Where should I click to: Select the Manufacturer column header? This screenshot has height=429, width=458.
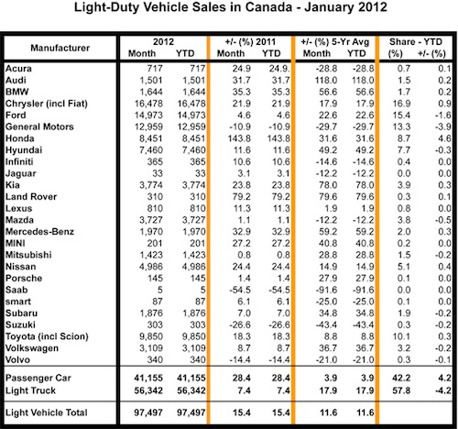60,48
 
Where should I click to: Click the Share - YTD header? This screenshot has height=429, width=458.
416,42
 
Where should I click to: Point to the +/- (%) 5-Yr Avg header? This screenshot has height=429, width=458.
335,42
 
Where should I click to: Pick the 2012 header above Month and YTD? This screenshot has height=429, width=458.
163,42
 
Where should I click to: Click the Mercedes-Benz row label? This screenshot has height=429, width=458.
39,232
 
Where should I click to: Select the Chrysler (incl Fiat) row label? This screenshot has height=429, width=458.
47,104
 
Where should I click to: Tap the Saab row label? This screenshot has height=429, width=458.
16,290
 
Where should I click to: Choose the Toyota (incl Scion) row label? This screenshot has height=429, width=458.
47,336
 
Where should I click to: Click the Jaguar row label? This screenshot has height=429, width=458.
21,173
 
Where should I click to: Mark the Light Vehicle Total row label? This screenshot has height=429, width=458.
47,412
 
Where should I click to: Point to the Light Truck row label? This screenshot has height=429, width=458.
30,390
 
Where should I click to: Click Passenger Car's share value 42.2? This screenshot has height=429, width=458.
401,378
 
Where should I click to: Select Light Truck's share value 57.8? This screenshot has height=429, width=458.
401,390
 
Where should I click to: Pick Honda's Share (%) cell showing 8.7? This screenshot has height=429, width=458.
404,138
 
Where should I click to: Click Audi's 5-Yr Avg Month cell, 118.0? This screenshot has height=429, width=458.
326,81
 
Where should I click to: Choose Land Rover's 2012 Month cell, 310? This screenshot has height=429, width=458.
155,197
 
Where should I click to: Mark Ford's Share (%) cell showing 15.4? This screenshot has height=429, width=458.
401,115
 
